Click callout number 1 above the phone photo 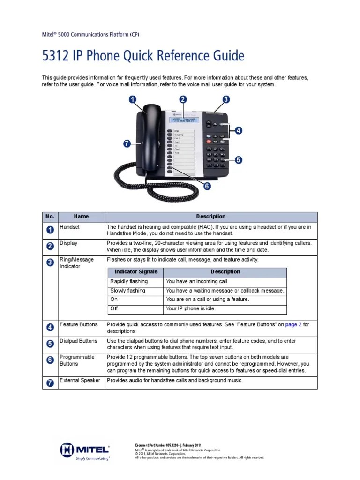tap(133, 99)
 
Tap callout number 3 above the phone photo tap(226, 99)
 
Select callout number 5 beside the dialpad tap(239, 160)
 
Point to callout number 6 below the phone tap(207, 186)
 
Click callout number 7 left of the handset tap(126, 144)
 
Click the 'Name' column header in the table tap(81, 217)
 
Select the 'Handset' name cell tap(70, 227)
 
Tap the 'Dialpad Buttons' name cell tap(78, 341)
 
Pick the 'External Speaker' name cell tap(80, 380)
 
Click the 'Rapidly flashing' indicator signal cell tap(129, 281)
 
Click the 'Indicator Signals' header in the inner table tap(136, 272)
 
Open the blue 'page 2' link tap(293, 324)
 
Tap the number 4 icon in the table tap(50, 327)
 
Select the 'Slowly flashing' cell tap(127, 291)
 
